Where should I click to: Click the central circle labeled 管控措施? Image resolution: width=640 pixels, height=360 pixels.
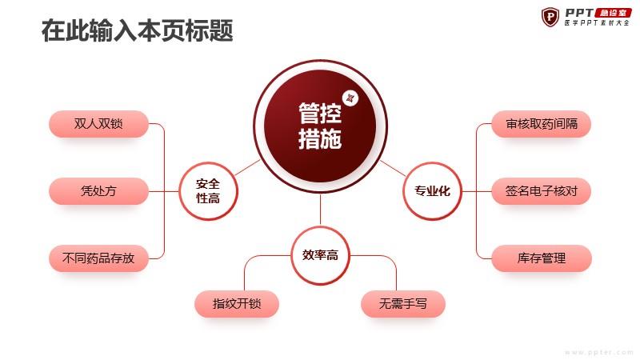coord(320,126)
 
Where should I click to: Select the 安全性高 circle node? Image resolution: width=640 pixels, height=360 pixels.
coord(208,191)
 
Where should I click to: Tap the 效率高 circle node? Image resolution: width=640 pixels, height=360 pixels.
coord(321,255)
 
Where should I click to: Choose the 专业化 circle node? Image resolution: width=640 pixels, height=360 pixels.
coord(432,191)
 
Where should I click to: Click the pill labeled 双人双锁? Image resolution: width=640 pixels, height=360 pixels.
coord(98,124)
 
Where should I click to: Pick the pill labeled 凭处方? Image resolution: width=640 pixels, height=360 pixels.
coord(98,191)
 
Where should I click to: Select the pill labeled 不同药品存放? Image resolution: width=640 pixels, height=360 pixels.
coord(98,258)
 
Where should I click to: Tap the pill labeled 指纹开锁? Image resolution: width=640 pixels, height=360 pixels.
coord(237,304)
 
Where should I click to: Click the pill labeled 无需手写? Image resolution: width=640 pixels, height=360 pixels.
coord(403,304)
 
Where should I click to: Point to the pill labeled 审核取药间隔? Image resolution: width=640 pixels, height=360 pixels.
coord(542,124)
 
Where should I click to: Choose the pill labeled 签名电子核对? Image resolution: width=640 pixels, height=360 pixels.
coord(542,191)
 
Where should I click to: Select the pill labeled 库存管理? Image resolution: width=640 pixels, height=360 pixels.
coord(542,258)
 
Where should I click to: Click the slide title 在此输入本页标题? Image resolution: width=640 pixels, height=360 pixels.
coord(137,30)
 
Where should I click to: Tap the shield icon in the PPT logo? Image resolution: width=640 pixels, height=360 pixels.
coord(550,17)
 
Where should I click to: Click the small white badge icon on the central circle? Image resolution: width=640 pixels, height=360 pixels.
coord(350,98)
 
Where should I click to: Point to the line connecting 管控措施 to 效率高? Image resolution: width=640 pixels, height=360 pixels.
coord(321,210)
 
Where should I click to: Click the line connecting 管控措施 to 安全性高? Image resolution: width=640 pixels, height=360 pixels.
coord(246,168)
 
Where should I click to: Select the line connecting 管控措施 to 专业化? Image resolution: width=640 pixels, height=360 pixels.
coord(393,168)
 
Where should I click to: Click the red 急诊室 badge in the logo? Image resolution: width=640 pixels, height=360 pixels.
coord(613,13)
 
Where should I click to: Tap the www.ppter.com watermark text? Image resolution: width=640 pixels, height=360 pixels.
coord(598,352)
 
